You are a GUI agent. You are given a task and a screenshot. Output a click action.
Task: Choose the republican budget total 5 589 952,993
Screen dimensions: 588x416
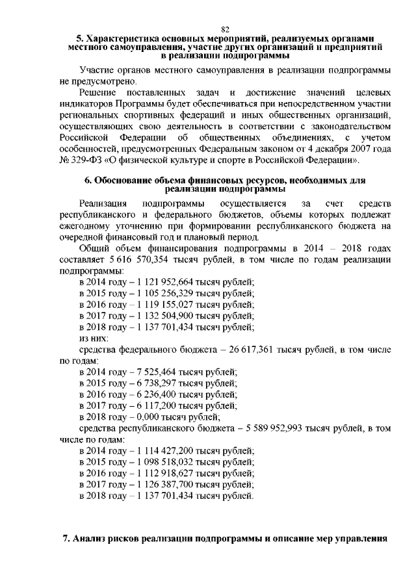286,428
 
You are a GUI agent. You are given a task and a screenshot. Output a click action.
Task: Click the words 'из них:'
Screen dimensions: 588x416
94,339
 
